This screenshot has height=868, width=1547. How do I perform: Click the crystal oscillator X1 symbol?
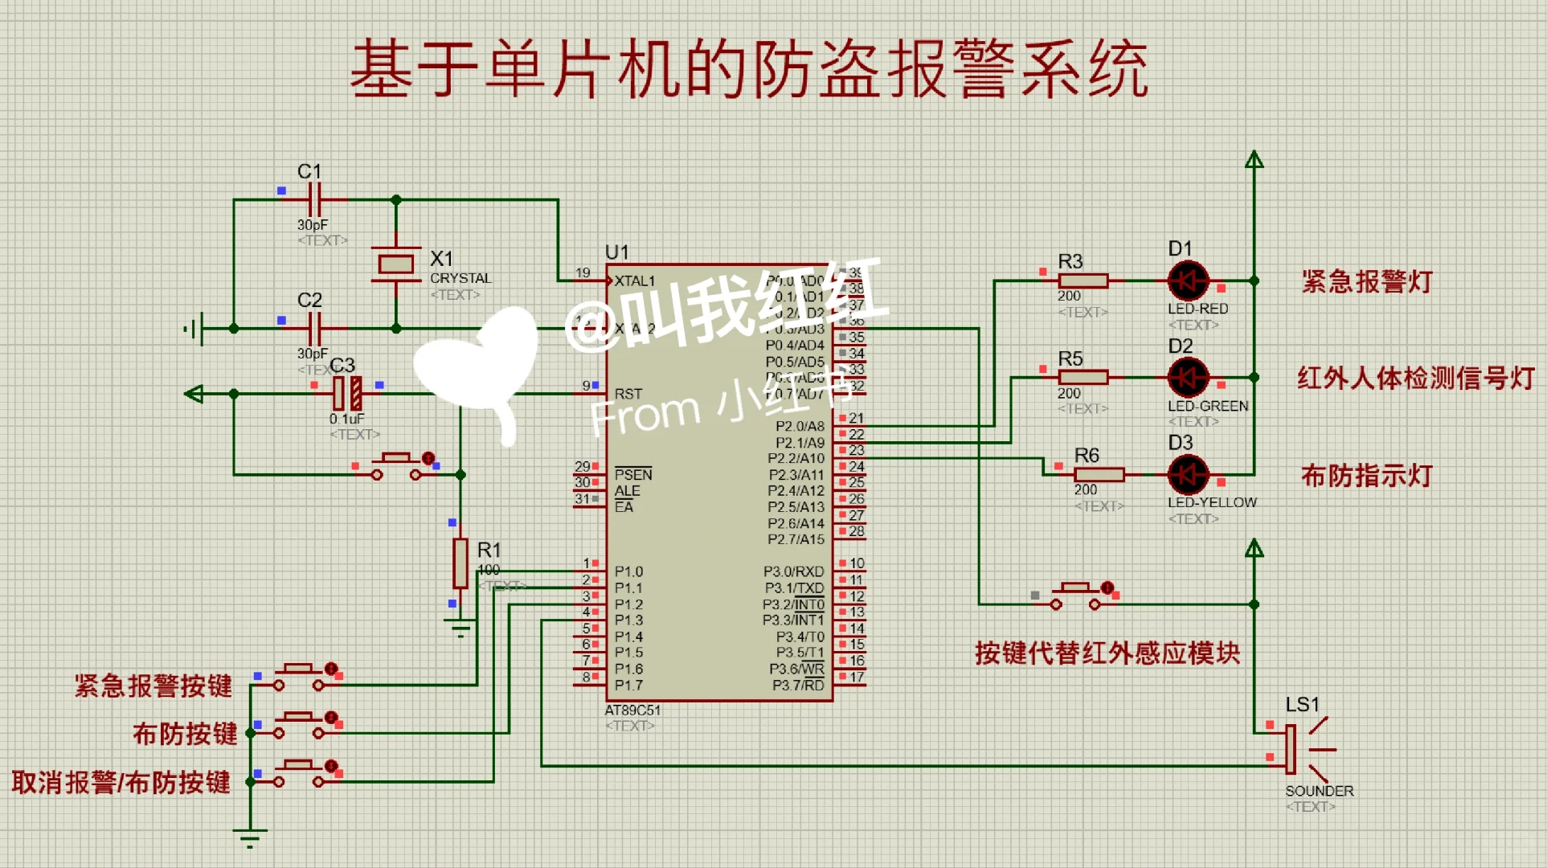(x=395, y=264)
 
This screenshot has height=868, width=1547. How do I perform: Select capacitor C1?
(x=315, y=199)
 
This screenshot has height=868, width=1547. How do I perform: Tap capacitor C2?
(x=315, y=328)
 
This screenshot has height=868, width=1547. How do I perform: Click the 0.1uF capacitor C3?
(x=347, y=393)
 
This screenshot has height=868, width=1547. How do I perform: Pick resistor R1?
(x=460, y=563)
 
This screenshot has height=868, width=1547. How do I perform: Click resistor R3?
(x=1082, y=280)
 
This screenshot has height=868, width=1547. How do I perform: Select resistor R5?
(x=1082, y=377)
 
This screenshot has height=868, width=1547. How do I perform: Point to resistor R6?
(x=1099, y=474)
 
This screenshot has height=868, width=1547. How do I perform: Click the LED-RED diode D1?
(x=1188, y=280)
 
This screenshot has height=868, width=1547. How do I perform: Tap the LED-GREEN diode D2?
(x=1188, y=377)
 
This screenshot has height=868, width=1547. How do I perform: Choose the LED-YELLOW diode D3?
(x=1188, y=474)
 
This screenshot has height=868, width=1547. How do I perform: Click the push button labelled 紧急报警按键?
(x=299, y=678)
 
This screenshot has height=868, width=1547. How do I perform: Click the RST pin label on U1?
(x=628, y=394)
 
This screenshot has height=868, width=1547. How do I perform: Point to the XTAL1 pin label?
(x=635, y=281)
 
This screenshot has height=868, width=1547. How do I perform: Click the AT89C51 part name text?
(x=632, y=710)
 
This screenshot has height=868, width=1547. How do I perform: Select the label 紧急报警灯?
(x=1366, y=282)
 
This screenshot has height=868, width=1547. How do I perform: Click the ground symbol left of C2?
(x=195, y=328)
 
